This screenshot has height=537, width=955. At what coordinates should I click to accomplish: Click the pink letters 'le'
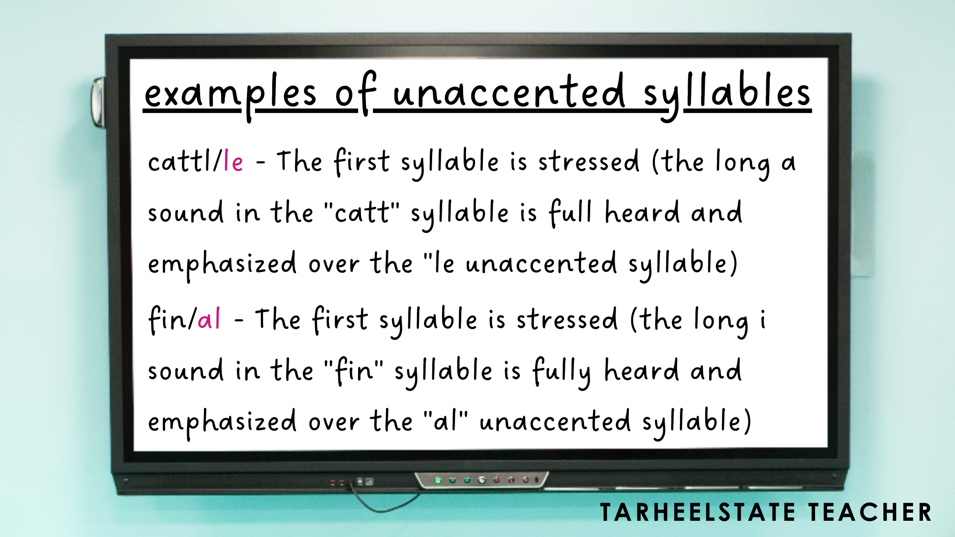pyautogui.click(x=233, y=161)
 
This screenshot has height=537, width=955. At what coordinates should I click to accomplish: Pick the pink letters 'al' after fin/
pyautogui.click(x=209, y=319)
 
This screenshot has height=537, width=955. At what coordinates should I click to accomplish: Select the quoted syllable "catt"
pyautogui.click(x=361, y=212)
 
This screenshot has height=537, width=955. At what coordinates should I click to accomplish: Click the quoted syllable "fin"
pyautogui.click(x=353, y=370)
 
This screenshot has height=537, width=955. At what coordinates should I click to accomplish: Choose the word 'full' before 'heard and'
pyautogui.click(x=570, y=212)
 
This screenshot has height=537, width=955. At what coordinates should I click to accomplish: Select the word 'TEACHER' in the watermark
pyautogui.click(x=870, y=513)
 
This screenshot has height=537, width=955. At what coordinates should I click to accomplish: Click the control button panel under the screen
pyautogui.click(x=481, y=480)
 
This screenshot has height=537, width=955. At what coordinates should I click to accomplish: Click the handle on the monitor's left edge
pyautogui.click(x=98, y=102)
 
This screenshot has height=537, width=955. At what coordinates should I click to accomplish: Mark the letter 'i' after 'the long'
pyautogui.click(x=763, y=319)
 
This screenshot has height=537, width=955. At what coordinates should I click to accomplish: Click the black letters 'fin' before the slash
pyautogui.click(x=168, y=319)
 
